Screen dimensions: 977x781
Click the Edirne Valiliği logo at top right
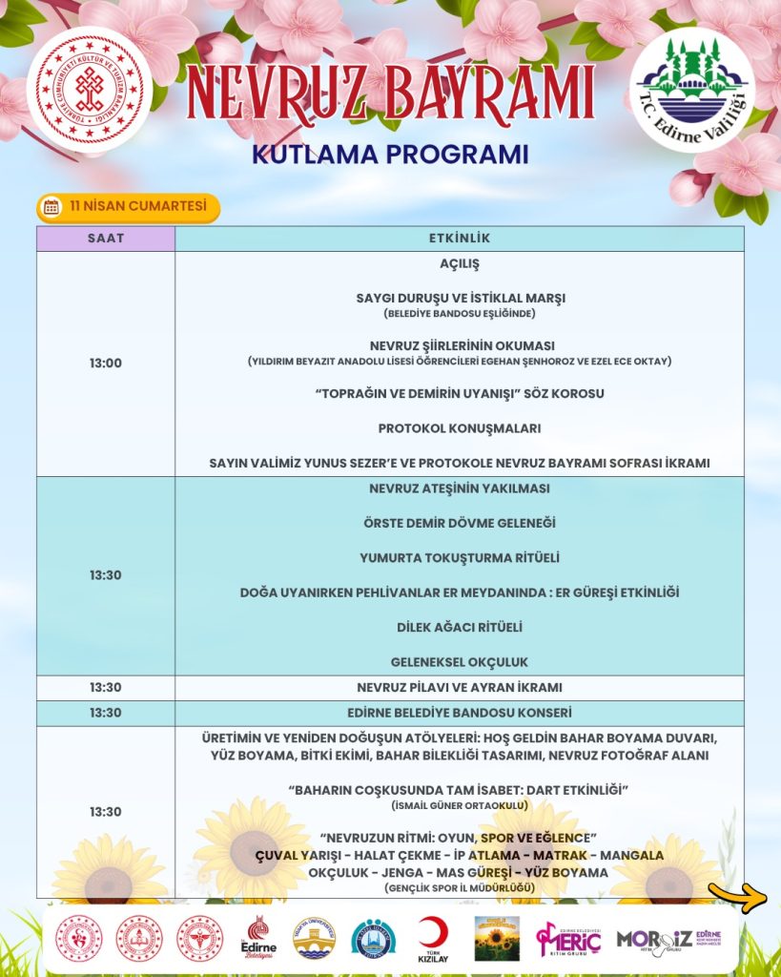click(692, 89)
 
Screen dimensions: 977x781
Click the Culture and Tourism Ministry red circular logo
click(89, 89)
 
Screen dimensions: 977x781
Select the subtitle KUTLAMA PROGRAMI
click(390, 154)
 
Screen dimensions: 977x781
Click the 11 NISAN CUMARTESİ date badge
click(128, 206)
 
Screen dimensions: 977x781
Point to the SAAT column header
click(106, 239)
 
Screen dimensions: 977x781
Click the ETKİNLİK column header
click(459, 239)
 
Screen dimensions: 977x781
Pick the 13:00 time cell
click(106, 364)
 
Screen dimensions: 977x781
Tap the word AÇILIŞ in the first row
click(459, 263)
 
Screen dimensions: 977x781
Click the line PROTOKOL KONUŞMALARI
click(459, 428)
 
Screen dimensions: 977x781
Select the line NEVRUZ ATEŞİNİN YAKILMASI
click(459, 488)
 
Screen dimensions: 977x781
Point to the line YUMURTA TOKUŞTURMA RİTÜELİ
click(459, 557)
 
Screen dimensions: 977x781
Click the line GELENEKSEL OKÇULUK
click(459, 661)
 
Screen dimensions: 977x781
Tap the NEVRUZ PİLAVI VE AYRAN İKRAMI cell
click(459, 687)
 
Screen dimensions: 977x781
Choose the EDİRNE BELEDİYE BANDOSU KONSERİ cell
click(459, 713)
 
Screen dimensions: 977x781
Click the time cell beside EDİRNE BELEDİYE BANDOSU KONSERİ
click(106, 713)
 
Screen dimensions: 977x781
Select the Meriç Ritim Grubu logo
click(568, 938)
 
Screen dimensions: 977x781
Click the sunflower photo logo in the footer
click(497, 938)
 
